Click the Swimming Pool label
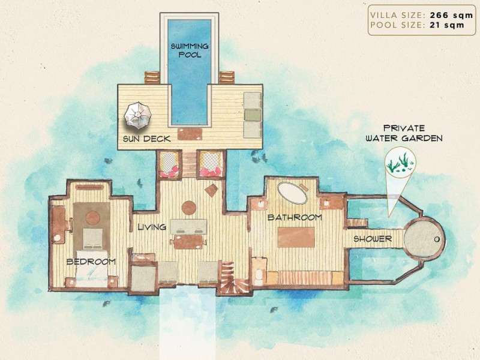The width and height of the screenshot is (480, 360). coord(190,50)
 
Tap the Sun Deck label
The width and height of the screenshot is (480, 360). coord(147,139)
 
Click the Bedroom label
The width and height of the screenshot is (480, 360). coord(91,262)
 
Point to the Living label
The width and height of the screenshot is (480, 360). coord(152,227)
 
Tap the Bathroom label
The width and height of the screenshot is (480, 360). coord(295,217)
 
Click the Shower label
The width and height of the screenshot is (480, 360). coord(373,239)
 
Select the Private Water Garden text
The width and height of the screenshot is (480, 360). coord(404,133)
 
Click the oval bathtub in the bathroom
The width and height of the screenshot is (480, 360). coord(292,193)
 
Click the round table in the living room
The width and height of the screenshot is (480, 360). coord(189,208)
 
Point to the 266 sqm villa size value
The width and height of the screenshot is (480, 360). coord(452,16)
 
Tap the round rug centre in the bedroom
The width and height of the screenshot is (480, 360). coord(93,218)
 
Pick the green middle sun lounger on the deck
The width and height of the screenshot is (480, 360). coord(253,115)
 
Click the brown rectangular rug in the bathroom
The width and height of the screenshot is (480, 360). coord(296,237)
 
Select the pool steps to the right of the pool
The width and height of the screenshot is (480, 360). coord(227,78)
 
